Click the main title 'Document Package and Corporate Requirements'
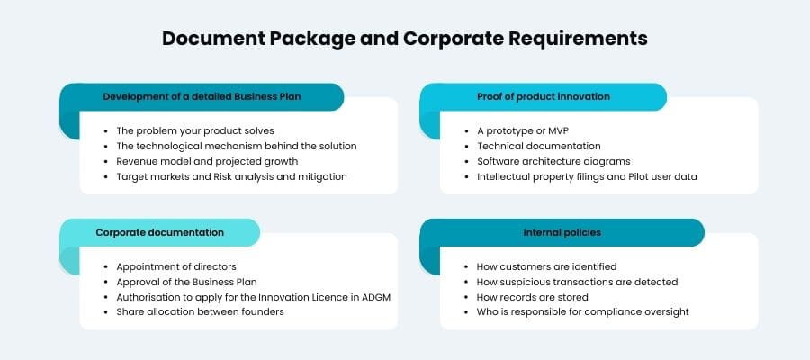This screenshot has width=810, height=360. click(x=405, y=40)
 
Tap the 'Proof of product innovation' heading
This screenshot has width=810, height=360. click(x=543, y=96)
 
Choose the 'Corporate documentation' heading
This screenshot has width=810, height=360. click(x=160, y=232)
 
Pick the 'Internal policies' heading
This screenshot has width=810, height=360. click(x=562, y=232)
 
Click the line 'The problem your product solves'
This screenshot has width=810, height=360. click(x=195, y=130)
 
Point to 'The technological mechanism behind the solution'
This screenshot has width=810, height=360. click(x=237, y=146)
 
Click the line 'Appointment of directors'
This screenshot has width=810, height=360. click(x=177, y=266)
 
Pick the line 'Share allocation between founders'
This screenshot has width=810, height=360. click(x=201, y=312)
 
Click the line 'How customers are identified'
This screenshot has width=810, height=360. click(x=546, y=266)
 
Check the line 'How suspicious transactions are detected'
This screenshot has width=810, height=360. click(x=577, y=282)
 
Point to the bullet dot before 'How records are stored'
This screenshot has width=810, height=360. click(x=466, y=297)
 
